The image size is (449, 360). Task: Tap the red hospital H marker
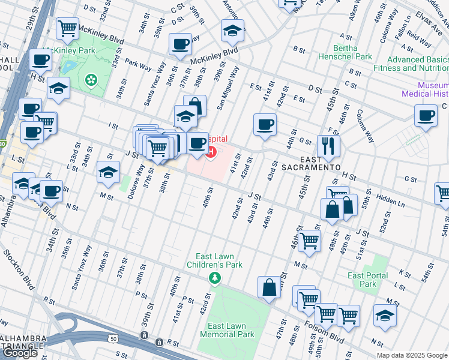[x=211, y=151]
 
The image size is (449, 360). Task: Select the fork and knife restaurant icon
[x=328, y=145]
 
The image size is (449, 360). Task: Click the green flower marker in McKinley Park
[x=91, y=79]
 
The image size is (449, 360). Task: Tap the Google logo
[x=20, y=352]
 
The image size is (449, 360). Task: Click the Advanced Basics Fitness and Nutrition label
[x=417, y=64]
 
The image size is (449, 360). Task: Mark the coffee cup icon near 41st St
[x=265, y=124]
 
